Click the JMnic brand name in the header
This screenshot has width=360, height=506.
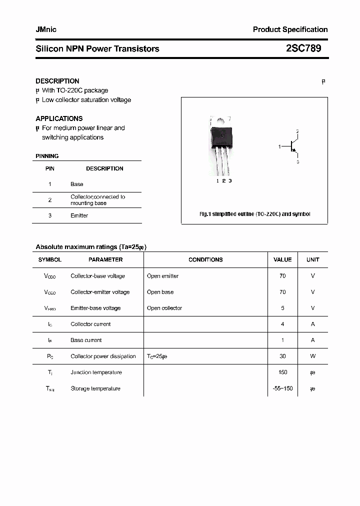46,29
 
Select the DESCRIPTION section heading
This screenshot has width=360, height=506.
57,81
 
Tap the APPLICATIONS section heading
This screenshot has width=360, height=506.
59,118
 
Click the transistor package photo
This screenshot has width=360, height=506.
221,144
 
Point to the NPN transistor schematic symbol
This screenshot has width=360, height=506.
292,146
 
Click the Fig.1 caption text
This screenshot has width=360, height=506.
254,214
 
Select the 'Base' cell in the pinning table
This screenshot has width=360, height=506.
76,184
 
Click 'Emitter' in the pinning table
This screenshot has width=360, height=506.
79,215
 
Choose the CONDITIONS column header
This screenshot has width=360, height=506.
205,259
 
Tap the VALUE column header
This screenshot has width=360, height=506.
282,259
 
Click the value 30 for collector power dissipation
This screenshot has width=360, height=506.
282,356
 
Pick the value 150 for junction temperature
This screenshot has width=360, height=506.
282,372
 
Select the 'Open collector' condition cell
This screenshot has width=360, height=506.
164,308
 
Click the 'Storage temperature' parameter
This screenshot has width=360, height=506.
95,388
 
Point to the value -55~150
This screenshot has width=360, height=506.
282,388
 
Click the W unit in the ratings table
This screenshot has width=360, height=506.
313,356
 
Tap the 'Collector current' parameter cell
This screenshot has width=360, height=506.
90,324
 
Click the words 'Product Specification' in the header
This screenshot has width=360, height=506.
290,29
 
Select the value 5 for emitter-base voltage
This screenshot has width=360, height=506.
282,308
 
